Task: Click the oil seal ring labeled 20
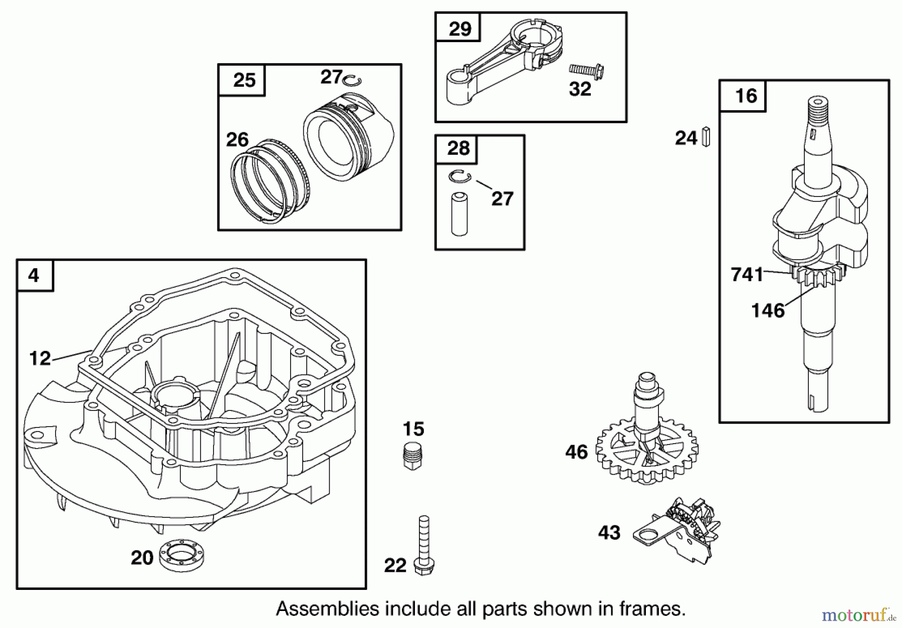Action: coord(181,555)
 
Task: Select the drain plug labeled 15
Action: coord(413,456)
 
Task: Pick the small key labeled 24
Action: coord(706,137)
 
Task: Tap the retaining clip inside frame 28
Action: coord(459,176)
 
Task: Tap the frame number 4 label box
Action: coord(35,275)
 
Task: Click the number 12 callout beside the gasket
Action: coord(40,358)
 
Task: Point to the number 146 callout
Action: coord(768,311)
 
